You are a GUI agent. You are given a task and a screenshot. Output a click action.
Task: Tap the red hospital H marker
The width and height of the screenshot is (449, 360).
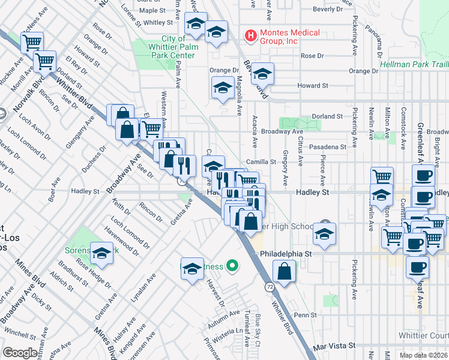(250, 37)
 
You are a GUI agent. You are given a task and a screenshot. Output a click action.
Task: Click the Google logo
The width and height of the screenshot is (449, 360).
(20, 353)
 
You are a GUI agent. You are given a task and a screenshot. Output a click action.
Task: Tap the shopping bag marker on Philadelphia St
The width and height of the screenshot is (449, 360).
(284, 272)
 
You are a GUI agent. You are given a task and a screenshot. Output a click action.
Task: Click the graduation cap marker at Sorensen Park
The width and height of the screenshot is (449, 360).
(102, 256)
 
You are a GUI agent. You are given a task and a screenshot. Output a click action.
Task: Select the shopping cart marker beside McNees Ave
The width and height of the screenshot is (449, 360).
(31, 43)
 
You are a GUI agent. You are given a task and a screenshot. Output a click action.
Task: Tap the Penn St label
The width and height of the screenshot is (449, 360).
(305, 314)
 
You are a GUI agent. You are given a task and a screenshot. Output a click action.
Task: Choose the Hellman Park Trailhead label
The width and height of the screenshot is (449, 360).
(414, 64)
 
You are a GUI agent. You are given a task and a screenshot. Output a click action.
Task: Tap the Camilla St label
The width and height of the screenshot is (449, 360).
(261, 162)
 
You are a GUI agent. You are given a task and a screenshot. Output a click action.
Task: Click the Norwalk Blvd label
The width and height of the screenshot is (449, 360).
(40, 91)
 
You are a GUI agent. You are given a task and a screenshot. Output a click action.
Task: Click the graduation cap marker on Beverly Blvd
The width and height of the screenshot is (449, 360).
(262, 74)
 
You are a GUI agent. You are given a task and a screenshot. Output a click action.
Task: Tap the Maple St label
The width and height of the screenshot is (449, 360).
(152, 11)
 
